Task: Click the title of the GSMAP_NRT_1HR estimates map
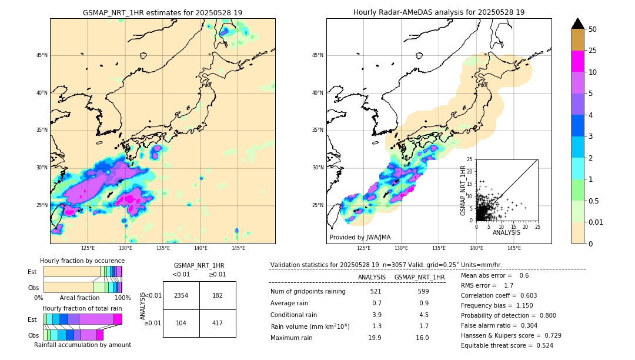pyautogui.click(x=162, y=12)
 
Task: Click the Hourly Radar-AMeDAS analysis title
pyautogui.click(x=439, y=12)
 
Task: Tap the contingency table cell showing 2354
pyautogui.click(x=181, y=295)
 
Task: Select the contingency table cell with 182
pyautogui.click(x=218, y=295)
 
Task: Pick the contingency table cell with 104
pyautogui.click(x=181, y=324)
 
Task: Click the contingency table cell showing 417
pyautogui.click(x=218, y=324)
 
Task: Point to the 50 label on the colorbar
pyautogui.click(x=593, y=29)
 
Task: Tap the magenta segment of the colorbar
pyautogui.click(x=577, y=61)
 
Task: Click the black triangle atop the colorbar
pyautogui.click(x=577, y=24)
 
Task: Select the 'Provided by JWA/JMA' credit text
pyautogui.click(x=360, y=237)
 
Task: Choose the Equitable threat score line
pyautogui.click(x=507, y=345)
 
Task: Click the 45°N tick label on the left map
pyautogui.click(x=42, y=55)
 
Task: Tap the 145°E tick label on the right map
pyautogui.click(x=514, y=248)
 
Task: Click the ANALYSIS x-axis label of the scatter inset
pyautogui.click(x=506, y=232)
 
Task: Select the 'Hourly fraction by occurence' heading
pyautogui.click(x=82, y=261)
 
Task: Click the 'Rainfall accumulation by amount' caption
pyautogui.click(x=82, y=345)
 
